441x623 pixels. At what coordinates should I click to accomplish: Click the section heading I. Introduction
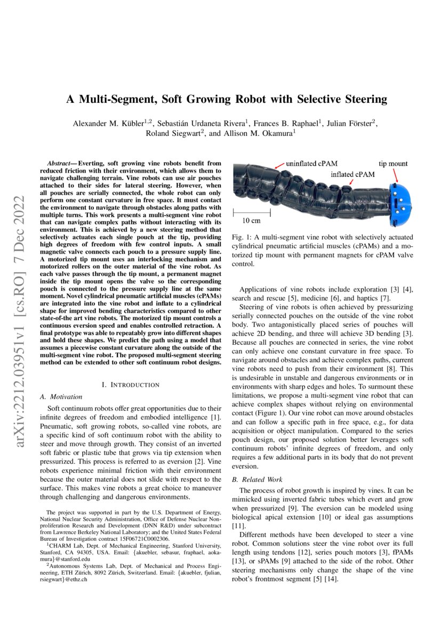130,384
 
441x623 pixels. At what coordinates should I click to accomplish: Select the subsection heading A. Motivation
61,397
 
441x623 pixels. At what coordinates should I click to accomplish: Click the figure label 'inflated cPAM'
352,174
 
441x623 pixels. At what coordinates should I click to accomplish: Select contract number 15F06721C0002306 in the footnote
145,539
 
